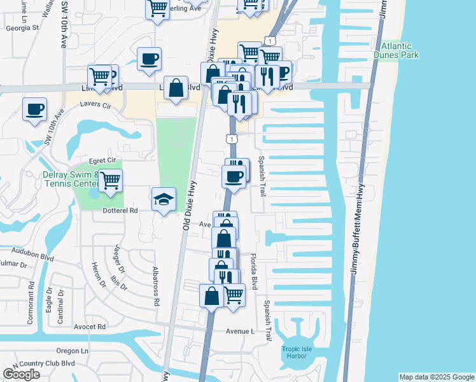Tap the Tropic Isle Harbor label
(x=294, y=351)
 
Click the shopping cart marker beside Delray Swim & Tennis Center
(x=111, y=180)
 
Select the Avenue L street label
(x=240, y=332)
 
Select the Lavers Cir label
(x=95, y=104)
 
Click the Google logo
(x=21, y=374)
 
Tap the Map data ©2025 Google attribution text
(x=436, y=377)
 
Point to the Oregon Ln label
(x=72, y=351)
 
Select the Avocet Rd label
(x=88, y=327)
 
